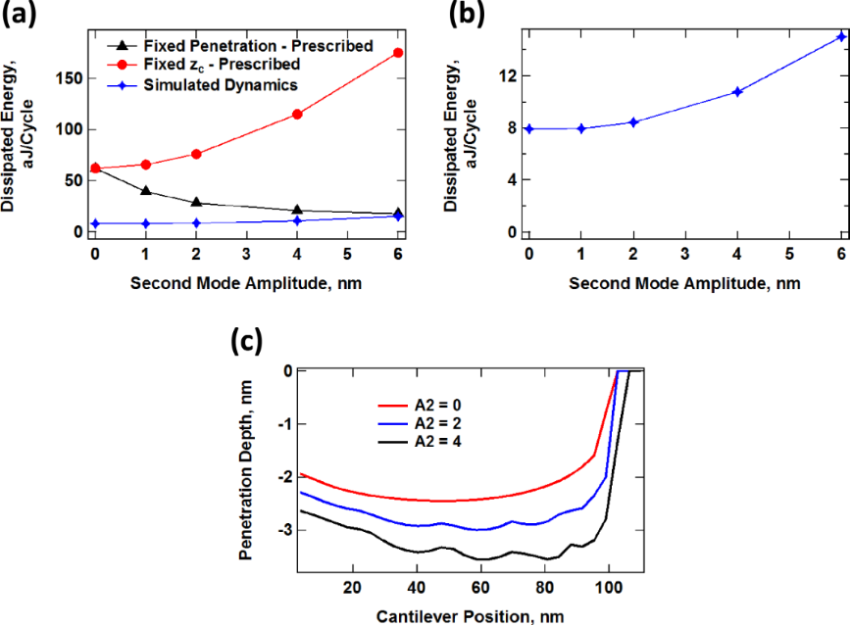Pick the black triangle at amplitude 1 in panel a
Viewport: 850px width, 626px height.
click(146, 191)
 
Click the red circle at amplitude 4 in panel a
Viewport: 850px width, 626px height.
click(297, 115)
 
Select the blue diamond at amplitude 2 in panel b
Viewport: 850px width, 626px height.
click(633, 122)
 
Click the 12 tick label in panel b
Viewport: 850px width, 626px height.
click(507, 75)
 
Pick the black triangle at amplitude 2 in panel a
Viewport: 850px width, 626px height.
click(196, 203)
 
